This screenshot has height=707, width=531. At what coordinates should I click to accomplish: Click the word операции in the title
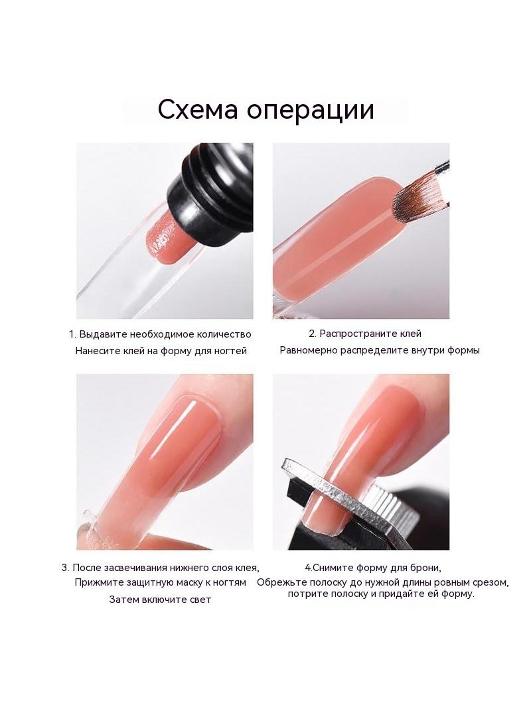tap(311, 111)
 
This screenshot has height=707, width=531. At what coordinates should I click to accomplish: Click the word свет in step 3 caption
tap(199, 600)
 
